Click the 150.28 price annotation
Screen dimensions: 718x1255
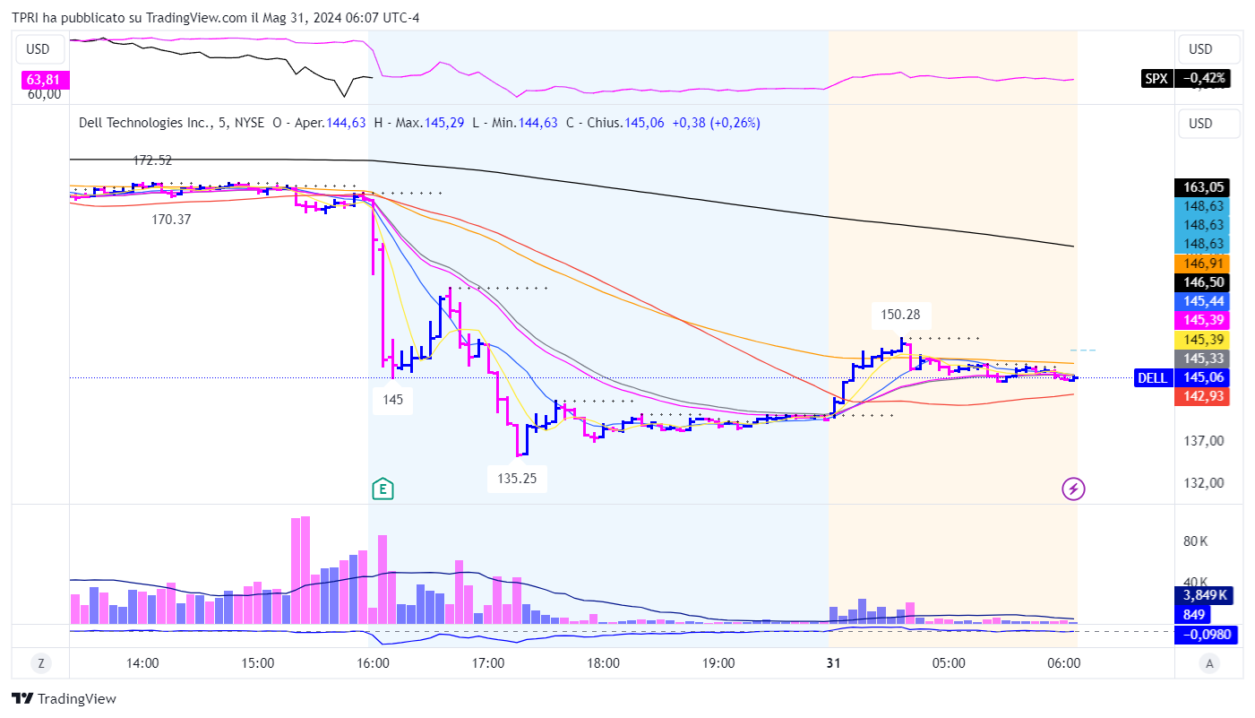tap(901, 315)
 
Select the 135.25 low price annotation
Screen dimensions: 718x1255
tap(517, 478)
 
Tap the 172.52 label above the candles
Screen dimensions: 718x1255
tap(152, 160)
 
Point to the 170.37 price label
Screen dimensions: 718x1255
tap(171, 219)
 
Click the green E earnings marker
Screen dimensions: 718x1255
tap(383, 489)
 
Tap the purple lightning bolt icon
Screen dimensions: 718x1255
tap(1073, 489)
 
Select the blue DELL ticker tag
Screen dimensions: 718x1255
tap(1152, 377)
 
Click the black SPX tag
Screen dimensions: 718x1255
tap(1156, 78)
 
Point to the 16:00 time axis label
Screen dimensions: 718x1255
tap(373, 664)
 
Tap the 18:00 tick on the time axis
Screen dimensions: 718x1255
tap(603, 664)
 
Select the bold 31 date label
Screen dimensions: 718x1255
tap(833, 664)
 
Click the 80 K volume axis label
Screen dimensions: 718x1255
tap(1196, 541)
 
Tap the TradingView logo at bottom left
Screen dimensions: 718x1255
tap(64, 699)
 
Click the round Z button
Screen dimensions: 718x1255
tap(40, 664)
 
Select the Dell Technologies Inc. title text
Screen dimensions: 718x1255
tap(145, 123)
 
